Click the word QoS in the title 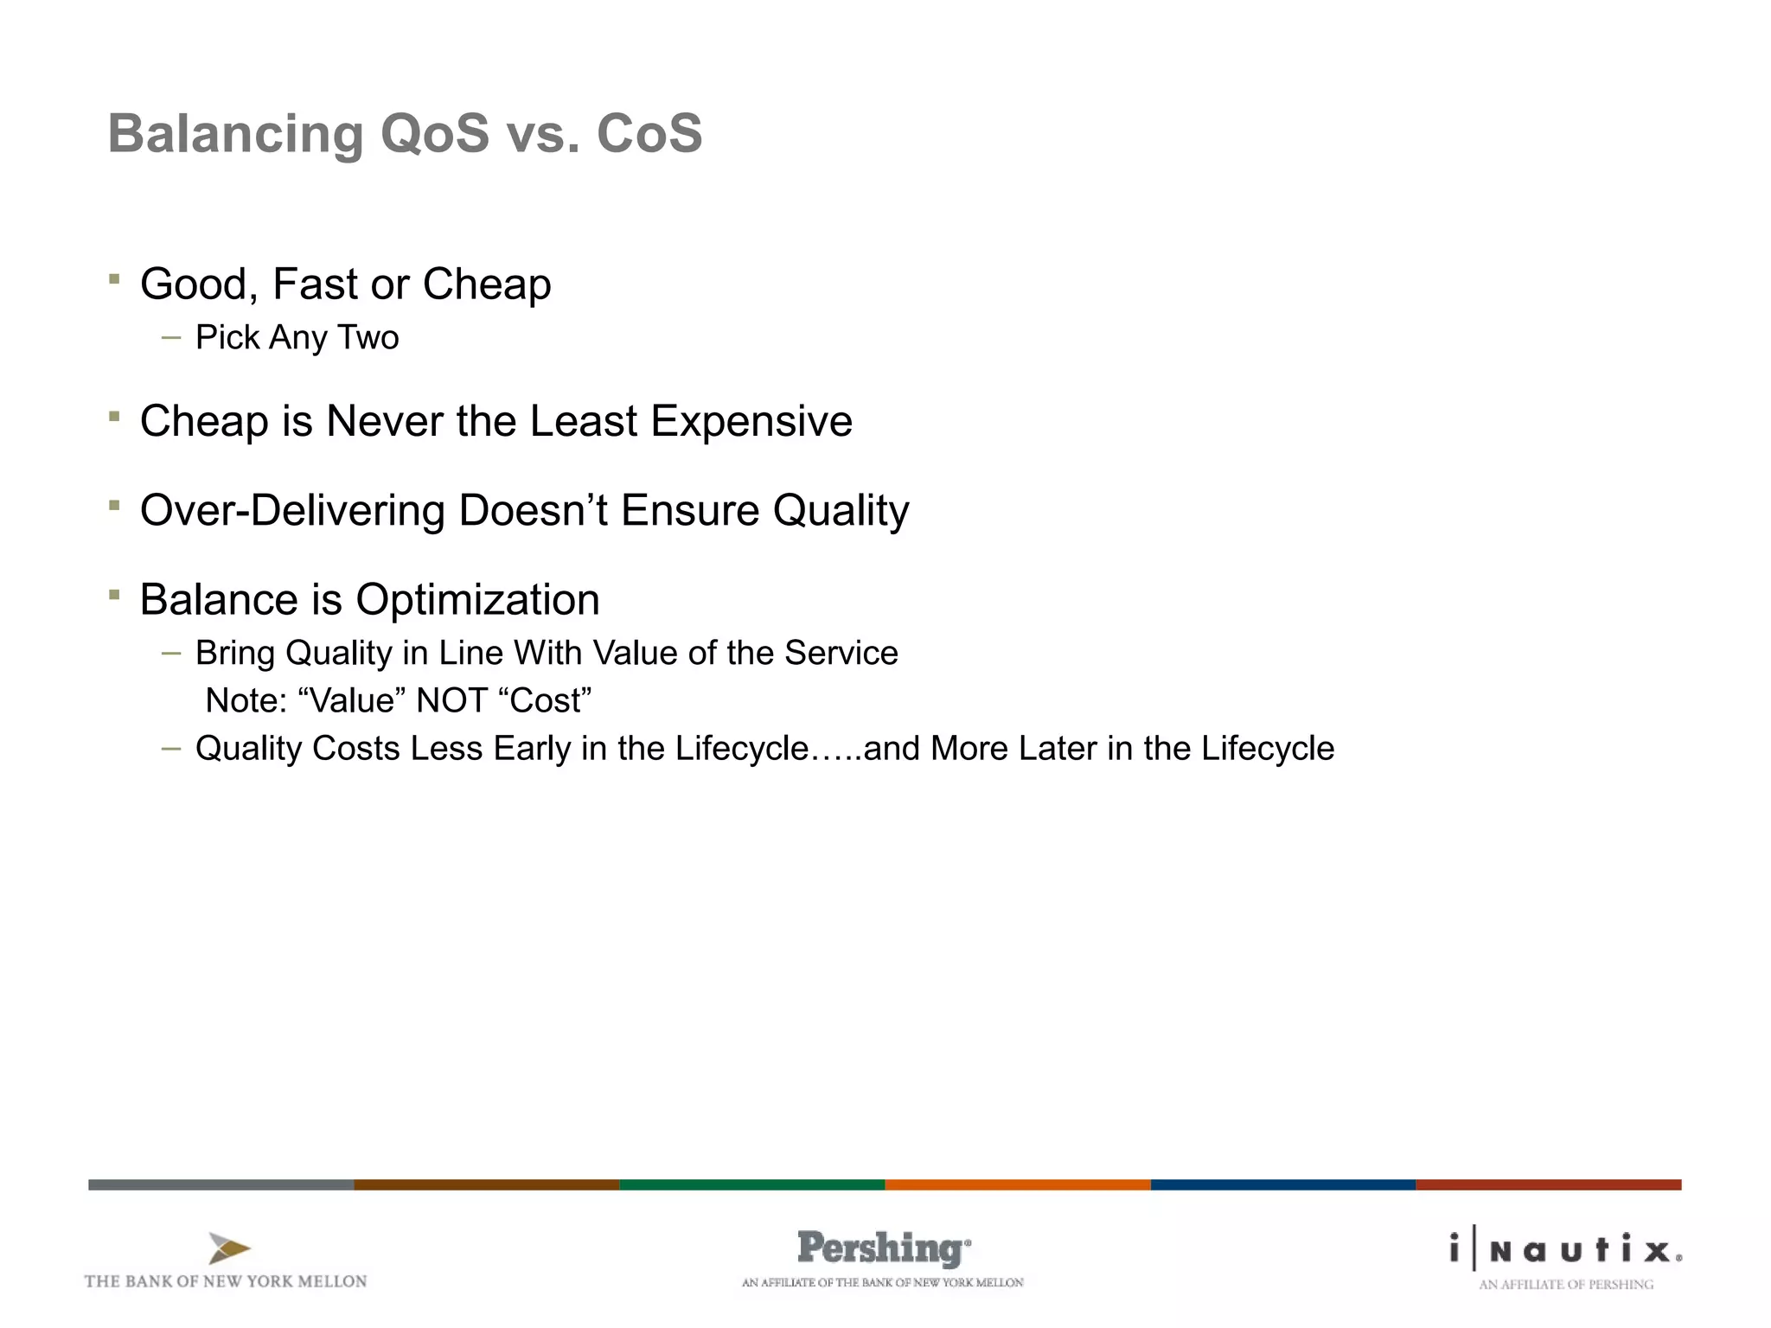pyautogui.click(x=434, y=134)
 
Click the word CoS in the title pyautogui.click(x=649, y=134)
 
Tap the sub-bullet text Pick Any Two pyautogui.click(x=297, y=337)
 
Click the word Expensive pyautogui.click(x=751, y=422)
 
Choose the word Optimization pyautogui.click(x=477, y=600)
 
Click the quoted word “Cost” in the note pyautogui.click(x=545, y=700)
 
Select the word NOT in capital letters pyautogui.click(x=451, y=700)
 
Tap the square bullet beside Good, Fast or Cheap pyautogui.click(x=114, y=279)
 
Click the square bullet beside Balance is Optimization pyautogui.click(x=114, y=595)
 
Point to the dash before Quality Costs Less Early pyautogui.click(x=171, y=749)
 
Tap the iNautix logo pyautogui.click(x=1565, y=1250)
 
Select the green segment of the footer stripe pyautogui.click(x=752, y=1184)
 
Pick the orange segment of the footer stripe pyautogui.click(x=1018, y=1184)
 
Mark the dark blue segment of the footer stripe pyautogui.click(x=1283, y=1184)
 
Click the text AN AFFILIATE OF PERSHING pyautogui.click(x=1565, y=1285)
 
